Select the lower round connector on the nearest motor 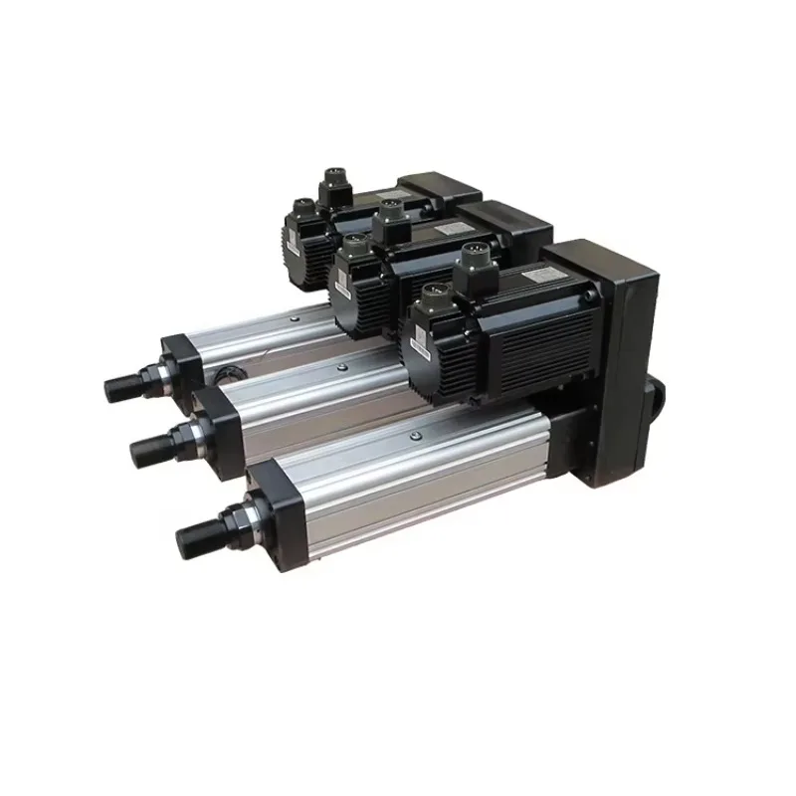tap(435, 301)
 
